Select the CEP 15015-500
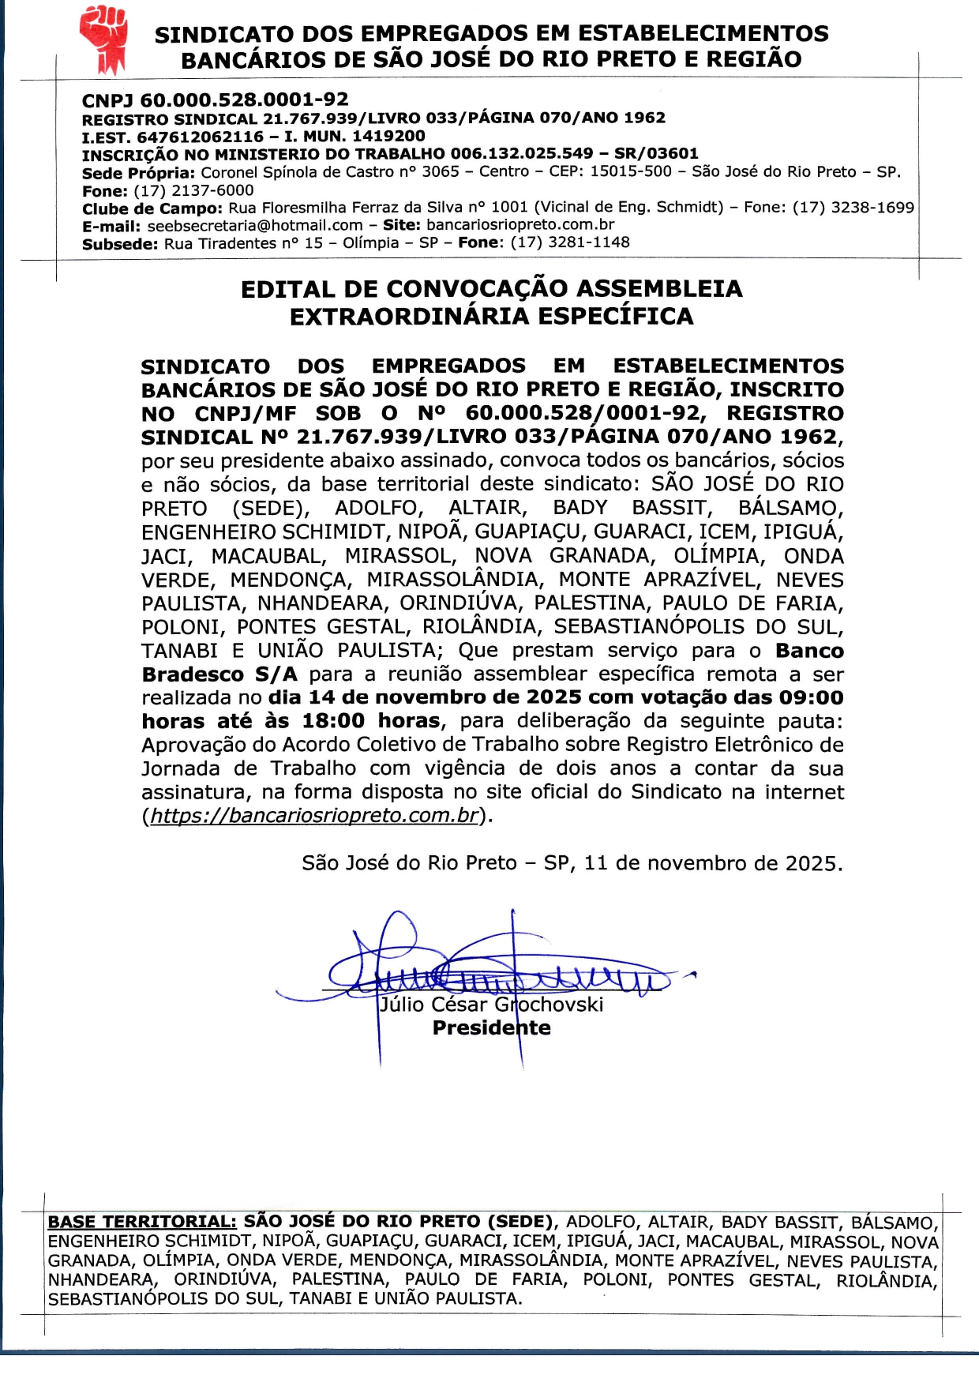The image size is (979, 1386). pos(630,171)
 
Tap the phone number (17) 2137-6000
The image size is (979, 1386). pos(193,190)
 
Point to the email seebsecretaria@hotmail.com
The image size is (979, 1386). pos(255,225)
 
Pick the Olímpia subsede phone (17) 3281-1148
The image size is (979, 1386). pos(570,242)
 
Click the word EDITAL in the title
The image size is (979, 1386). pos(287,289)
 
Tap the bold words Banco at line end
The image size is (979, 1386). pos(809,651)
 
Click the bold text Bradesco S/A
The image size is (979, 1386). pos(219,674)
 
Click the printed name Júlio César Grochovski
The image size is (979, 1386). pos(491,1005)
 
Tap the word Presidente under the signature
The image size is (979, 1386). pos(491,1028)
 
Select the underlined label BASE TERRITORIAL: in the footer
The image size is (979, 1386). pos(142,1223)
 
